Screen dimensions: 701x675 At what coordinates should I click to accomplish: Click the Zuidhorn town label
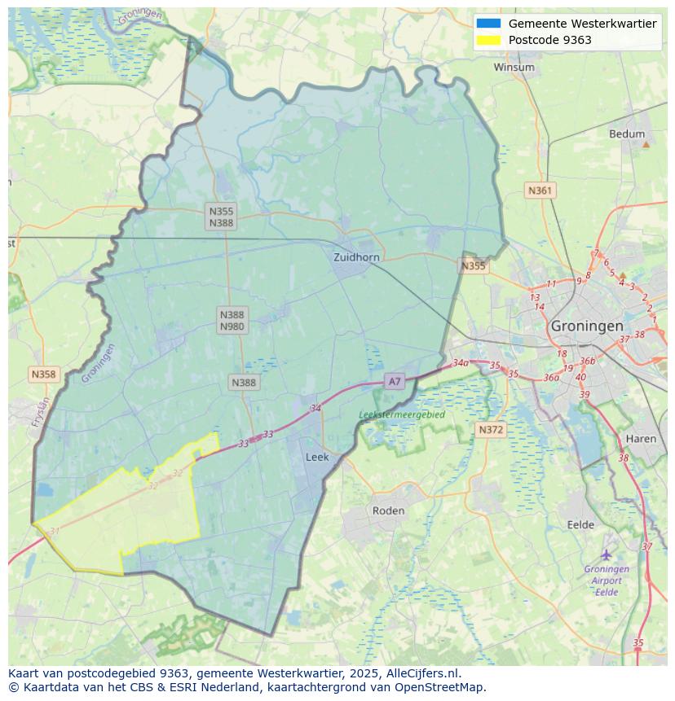356,257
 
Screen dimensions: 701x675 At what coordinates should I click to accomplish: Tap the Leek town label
317,457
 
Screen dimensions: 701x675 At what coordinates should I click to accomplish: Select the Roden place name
388,510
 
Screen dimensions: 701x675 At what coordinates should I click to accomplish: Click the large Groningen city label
587,326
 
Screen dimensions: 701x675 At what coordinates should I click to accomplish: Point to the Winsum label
514,68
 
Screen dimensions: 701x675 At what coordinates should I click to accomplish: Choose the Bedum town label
627,134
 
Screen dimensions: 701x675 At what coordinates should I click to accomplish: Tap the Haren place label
641,439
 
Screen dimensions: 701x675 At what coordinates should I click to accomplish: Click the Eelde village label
580,525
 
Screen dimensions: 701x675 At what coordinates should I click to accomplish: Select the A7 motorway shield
395,381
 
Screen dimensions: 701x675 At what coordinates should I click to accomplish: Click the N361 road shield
540,191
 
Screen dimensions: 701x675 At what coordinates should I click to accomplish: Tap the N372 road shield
491,429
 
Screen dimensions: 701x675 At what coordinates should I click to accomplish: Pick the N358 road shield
43,375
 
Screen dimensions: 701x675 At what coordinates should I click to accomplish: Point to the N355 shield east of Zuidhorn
473,265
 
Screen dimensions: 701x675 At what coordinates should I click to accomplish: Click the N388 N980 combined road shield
232,320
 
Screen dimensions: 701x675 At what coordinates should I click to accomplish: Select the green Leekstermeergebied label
402,414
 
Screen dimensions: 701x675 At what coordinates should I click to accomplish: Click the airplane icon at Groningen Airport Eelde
607,554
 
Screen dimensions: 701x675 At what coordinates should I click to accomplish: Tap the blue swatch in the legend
489,24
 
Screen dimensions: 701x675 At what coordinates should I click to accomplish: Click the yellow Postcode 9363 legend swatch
489,40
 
